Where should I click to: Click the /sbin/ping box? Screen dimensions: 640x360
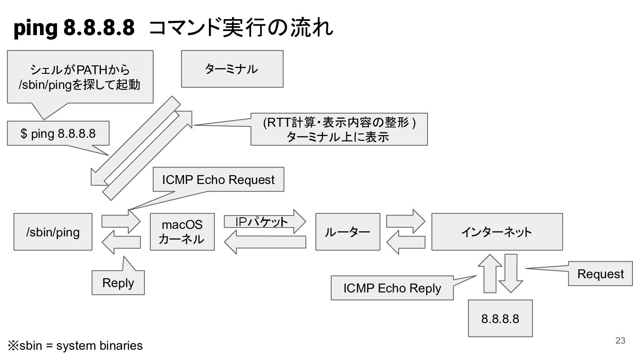coord(53,232)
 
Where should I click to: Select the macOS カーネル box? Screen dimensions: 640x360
coord(182,232)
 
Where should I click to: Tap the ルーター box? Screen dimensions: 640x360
coord(348,232)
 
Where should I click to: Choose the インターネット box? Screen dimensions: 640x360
coord(497,232)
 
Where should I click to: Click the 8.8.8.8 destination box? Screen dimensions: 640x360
coord(500,318)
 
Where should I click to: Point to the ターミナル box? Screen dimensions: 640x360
coord(232,69)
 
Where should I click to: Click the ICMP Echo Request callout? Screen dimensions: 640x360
coord(219,180)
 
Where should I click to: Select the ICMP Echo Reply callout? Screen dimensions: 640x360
coord(392,288)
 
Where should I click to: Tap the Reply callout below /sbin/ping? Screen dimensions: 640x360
coord(118,283)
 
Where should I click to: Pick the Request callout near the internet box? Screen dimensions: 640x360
coord(600,273)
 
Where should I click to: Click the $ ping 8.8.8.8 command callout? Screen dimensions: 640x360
coord(58,133)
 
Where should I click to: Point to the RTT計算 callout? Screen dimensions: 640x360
coord(339,129)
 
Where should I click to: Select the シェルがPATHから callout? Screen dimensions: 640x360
coord(80,77)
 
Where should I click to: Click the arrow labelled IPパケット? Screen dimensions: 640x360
coord(265,221)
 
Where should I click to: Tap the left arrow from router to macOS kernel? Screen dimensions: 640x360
coord(265,242)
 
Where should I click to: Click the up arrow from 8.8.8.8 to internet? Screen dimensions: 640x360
coord(490,273)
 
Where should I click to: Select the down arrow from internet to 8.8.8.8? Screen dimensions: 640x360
coord(511,273)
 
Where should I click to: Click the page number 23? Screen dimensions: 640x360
coord(620,340)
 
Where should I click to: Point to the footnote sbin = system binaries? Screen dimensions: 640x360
coord(76,345)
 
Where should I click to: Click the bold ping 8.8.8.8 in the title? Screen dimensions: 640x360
coord(74,28)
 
